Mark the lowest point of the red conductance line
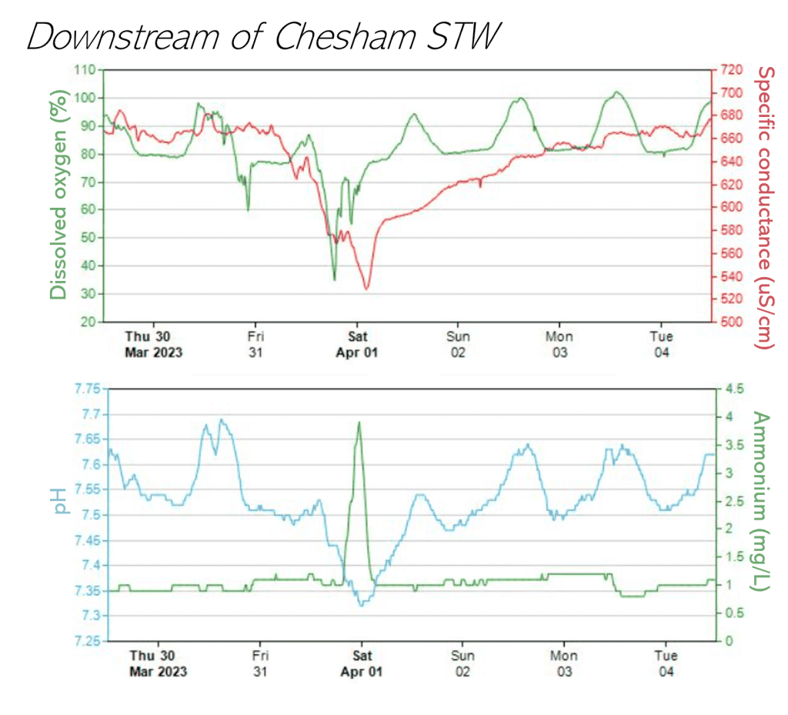click(367, 289)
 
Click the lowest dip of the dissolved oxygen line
click(334, 279)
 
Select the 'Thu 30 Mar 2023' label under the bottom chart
click(157, 663)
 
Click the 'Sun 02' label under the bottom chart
click(462, 663)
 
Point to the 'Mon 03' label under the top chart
click(559, 344)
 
